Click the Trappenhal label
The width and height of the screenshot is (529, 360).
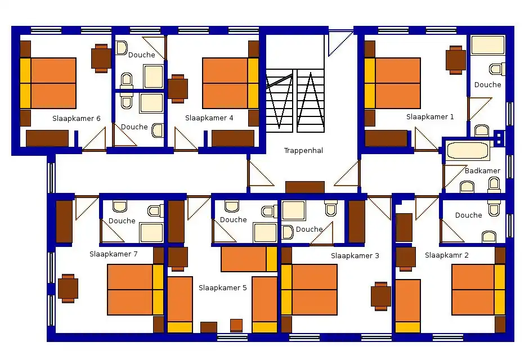(x=303, y=151)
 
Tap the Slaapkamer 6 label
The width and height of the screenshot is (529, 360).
(x=76, y=119)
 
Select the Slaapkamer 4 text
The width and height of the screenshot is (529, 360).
(x=209, y=118)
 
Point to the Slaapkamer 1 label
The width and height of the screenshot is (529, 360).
(x=430, y=117)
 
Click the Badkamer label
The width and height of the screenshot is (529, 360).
(x=482, y=171)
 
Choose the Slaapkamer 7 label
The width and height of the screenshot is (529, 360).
(x=113, y=254)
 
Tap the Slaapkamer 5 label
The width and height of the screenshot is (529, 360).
(x=223, y=288)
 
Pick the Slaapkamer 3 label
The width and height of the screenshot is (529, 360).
(x=355, y=256)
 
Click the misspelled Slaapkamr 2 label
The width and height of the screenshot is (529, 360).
(x=447, y=255)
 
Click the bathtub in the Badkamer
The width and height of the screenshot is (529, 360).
(x=467, y=151)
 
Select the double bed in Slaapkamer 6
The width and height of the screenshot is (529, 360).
(x=48, y=83)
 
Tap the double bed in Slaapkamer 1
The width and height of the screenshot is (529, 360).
(x=392, y=83)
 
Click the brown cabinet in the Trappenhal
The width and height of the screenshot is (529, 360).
(x=305, y=187)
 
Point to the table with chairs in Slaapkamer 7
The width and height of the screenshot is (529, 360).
(x=68, y=289)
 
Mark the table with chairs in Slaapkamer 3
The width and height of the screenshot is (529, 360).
(x=381, y=296)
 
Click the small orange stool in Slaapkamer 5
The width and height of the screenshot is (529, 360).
(x=236, y=326)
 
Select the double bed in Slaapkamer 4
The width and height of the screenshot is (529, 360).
(x=230, y=83)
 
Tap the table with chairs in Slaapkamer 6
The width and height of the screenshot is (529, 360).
(x=101, y=58)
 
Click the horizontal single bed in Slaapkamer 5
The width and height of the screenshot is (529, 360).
(x=249, y=259)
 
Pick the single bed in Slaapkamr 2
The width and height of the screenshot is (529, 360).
(x=408, y=306)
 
